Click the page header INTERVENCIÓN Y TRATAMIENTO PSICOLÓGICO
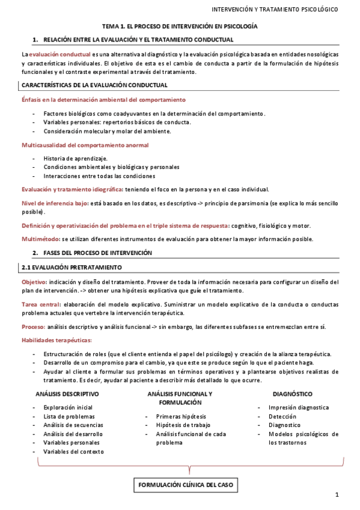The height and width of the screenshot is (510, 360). (x=275, y=10)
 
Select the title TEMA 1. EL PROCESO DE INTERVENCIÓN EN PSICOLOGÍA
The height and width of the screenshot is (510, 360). (x=180, y=27)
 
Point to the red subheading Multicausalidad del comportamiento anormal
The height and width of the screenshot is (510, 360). (x=85, y=145)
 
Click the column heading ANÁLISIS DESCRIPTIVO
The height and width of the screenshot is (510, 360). (x=67, y=394)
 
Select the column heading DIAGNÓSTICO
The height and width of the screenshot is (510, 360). (x=292, y=394)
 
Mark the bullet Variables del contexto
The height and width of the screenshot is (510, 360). (x=73, y=451)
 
